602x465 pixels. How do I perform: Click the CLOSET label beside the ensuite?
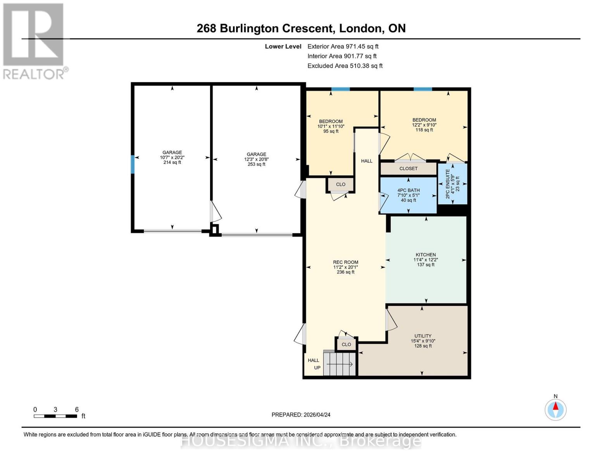pos(408,169)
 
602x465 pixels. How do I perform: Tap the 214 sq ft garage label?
pos(172,157)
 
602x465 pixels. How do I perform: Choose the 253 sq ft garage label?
pos(256,159)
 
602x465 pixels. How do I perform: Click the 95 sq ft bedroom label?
pos(331,126)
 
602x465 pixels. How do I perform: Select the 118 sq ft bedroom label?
pos(424,125)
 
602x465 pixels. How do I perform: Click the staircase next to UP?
pos(339,364)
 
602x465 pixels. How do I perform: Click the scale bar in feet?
pos(55,416)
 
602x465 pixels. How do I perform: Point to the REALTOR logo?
pos(34,41)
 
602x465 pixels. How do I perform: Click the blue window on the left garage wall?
pos(133,164)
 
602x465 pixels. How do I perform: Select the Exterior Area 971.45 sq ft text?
pos(343,46)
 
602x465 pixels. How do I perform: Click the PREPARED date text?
pos(301,415)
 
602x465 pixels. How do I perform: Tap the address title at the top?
pos(301,28)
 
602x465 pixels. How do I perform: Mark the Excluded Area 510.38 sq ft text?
pos(345,66)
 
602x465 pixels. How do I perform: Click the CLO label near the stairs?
pos(346,344)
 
